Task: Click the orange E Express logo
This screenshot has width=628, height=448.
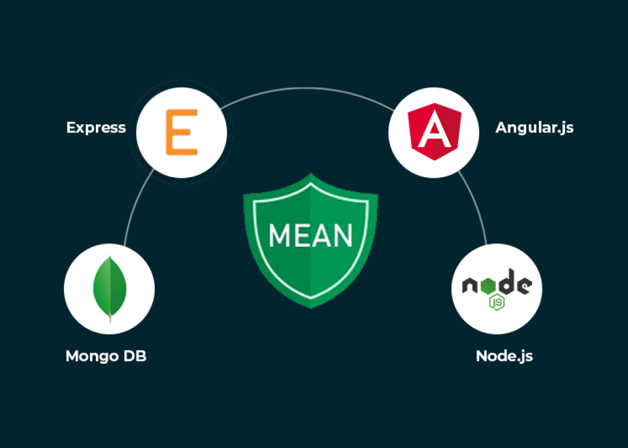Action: point(181,133)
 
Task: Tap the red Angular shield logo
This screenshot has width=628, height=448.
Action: point(433,132)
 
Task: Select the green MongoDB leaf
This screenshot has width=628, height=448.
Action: point(110,286)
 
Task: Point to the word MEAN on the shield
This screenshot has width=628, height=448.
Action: point(311,235)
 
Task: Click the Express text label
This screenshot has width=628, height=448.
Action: point(96,127)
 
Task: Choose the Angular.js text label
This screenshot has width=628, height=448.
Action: point(534,127)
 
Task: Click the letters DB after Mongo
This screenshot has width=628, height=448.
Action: point(134,356)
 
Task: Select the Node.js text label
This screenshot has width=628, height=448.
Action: point(504,356)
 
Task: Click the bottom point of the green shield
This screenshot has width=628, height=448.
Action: point(311,306)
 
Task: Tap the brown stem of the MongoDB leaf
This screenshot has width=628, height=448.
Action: point(110,317)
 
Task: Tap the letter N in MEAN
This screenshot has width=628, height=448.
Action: point(342,235)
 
